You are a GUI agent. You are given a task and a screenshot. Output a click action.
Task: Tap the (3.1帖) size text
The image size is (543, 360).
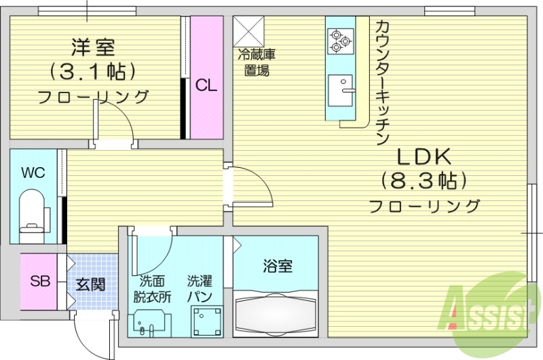[93, 71]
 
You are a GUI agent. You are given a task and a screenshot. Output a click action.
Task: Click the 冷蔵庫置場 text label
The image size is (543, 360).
[257, 62]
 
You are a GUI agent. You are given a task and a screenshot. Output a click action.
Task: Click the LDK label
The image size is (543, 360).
[424, 157]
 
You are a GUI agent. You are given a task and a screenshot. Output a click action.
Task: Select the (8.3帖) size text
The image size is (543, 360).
[425, 181]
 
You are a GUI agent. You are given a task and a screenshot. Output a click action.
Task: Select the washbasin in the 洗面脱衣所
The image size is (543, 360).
[153, 322]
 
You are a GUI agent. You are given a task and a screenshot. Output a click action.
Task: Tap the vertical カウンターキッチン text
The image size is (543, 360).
[382, 82]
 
